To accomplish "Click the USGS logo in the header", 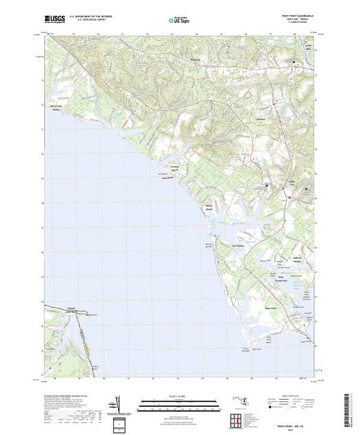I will pos(54,21).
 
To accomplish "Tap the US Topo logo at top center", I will pos(180,21).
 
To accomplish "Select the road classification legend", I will pos(290,402).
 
